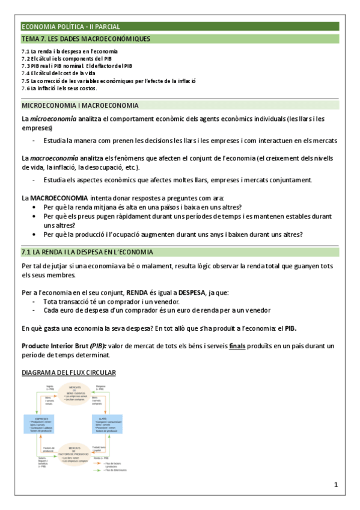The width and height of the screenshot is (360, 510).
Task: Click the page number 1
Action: pos(336,484)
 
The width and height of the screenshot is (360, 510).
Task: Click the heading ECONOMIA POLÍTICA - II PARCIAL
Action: pos(71,26)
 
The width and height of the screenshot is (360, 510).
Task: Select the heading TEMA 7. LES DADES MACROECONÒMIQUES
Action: pos(86,39)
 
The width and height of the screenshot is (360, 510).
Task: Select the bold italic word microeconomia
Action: pos(53,119)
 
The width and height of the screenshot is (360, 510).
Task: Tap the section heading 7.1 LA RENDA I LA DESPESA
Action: pos(87,251)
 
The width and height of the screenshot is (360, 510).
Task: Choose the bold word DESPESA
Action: pos(188,293)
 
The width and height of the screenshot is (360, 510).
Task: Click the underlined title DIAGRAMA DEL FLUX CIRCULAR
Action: pos(69,373)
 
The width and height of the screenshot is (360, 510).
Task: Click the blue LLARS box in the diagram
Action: pos(107,425)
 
